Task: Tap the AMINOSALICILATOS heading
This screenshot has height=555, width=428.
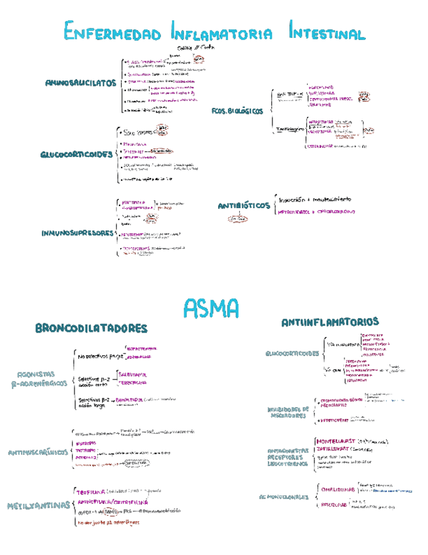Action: [x=80, y=83]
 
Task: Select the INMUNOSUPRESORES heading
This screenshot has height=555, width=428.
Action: [x=77, y=233]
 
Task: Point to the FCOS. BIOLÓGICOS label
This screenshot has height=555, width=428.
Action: [x=237, y=111]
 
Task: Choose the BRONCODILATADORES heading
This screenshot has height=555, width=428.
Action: [x=91, y=328]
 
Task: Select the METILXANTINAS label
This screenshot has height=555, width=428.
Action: [x=39, y=505]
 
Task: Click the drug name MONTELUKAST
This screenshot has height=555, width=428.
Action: [x=337, y=442]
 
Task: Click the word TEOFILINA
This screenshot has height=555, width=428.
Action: [x=91, y=491]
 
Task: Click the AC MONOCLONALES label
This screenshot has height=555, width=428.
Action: [x=283, y=497]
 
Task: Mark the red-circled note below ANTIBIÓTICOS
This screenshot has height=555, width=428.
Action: [x=234, y=220]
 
